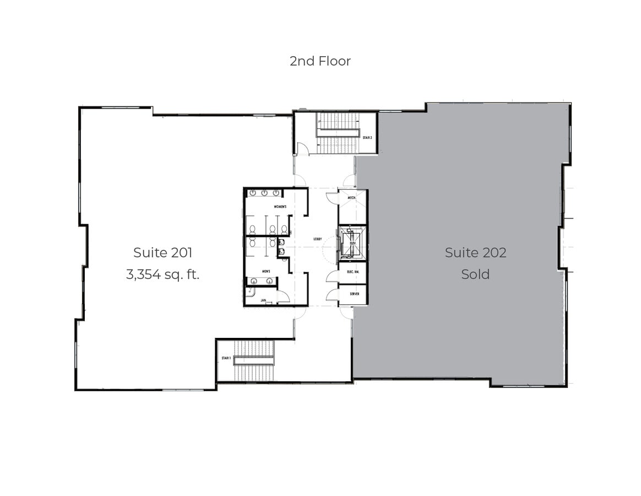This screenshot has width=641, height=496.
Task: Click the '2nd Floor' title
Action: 320,61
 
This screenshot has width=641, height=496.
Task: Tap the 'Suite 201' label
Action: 162,252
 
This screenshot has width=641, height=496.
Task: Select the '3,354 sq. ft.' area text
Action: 162,274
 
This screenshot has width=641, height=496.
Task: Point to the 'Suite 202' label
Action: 475,252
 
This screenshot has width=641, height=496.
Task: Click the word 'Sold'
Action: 475,274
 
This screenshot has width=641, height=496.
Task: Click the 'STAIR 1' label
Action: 226,358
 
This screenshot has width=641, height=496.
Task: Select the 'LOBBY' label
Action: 318,239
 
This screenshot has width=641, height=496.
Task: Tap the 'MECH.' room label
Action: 351,197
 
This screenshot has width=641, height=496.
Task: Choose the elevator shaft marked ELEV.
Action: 351,242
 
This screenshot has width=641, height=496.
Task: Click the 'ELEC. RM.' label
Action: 353,272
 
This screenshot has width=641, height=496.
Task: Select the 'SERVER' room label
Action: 354,294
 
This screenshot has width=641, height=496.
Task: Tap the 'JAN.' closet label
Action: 263,301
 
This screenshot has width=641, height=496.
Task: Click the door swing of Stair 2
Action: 302,148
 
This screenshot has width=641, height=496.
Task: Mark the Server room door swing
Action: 333,295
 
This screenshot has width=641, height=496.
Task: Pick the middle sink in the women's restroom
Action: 264,193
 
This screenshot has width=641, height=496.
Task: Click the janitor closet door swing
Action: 283,296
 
